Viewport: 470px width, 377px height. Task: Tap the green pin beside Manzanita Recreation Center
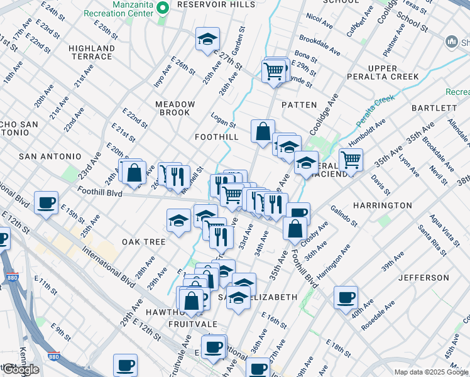[x=163, y=9]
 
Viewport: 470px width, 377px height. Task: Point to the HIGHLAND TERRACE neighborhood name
[x=92, y=52]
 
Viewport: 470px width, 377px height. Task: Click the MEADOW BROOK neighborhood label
[x=175, y=108]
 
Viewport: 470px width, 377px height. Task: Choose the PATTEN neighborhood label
[x=299, y=105]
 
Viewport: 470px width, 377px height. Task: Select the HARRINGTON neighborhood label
[x=382, y=205]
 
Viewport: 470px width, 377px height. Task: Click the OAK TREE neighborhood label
[x=144, y=242]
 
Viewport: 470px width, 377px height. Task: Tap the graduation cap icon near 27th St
[x=207, y=39]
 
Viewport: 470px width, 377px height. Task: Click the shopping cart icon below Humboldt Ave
[x=351, y=158]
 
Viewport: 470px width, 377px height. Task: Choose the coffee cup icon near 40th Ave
[x=345, y=297]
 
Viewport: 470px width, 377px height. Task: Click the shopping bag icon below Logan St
[x=263, y=131]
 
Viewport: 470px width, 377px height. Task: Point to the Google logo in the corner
[x=21, y=370]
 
